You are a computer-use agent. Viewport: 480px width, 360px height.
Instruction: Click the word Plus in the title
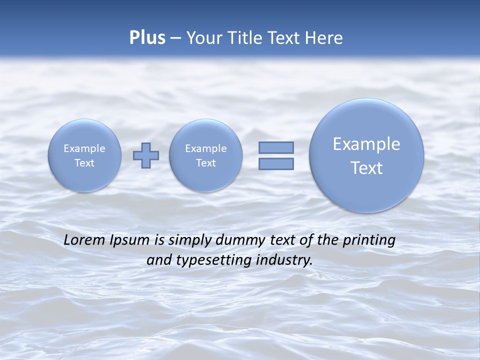[x=147, y=38]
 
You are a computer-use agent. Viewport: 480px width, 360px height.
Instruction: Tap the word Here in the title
[x=325, y=38]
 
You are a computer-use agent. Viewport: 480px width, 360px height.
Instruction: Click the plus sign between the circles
[x=146, y=155]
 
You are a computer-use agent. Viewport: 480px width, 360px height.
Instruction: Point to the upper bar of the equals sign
[x=276, y=147]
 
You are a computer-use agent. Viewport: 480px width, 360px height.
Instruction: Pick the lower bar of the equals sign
[x=276, y=163]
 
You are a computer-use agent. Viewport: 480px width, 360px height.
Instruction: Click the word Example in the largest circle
[x=366, y=144]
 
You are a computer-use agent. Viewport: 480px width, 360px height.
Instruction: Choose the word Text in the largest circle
[x=366, y=168]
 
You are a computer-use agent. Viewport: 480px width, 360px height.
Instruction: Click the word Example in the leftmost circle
[x=84, y=148]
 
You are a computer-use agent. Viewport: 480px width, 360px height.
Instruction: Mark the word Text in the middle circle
[x=205, y=163]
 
